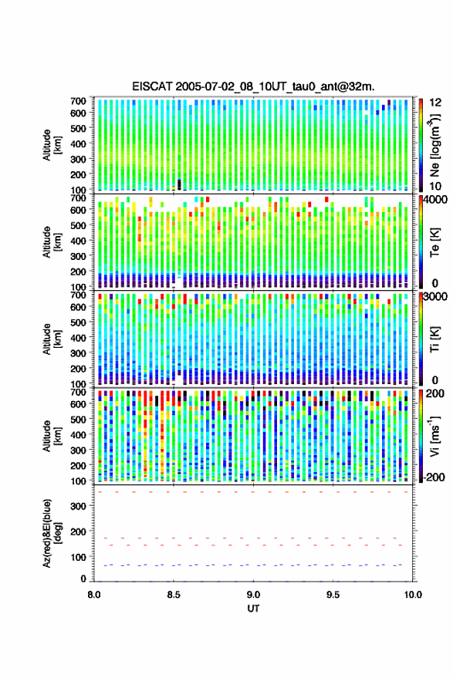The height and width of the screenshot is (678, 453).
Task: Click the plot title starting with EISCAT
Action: click(x=253, y=86)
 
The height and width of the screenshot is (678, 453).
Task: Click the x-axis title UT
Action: click(x=253, y=609)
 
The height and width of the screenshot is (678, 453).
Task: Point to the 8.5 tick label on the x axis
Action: click(x=174, y=595)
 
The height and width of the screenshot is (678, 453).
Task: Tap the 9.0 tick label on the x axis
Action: click(x=253, y=595)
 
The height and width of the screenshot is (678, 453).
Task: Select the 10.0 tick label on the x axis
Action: click(x=413, y=595)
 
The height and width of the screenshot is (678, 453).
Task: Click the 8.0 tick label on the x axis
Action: click(x=94, y=595)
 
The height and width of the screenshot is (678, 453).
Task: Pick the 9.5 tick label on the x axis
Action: click(x=333, y=595)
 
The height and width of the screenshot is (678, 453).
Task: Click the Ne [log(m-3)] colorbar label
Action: click(x=434, y=145)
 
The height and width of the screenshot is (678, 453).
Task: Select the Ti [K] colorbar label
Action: click(x=434, y=340)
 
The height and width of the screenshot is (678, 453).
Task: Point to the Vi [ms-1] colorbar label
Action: click(x=434, y=436)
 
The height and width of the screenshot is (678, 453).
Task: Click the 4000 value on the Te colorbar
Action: click(x=436, y=201)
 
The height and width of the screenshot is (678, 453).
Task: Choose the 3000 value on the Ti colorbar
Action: click(x=436, y=297)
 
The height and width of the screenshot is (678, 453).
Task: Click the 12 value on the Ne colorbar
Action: click(x=436, y=103)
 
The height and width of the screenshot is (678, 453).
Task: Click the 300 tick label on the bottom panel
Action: click(x=78, y=506)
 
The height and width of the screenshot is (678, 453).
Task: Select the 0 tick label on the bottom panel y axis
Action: click(x=83, y=578)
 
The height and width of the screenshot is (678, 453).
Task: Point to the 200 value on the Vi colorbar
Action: click(x=435, y=393)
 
